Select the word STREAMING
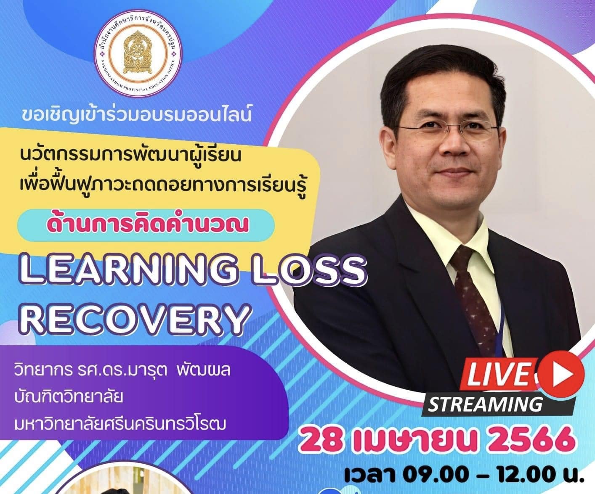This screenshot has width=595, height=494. click(x=485, y=404)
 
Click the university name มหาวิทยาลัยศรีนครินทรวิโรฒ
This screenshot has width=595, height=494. click(x=120, y=424)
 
